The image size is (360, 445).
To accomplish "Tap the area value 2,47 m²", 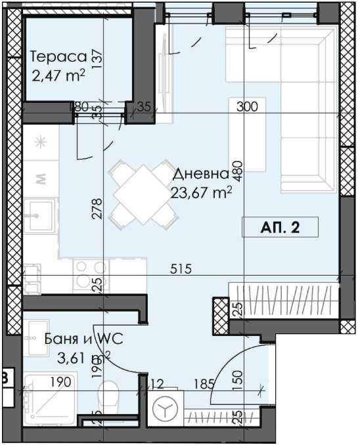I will coord(57,75).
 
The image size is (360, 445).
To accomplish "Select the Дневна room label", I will coord(200,175).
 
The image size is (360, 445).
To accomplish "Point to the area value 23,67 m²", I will coord(202,192).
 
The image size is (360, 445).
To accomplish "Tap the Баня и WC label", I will coord(83,339).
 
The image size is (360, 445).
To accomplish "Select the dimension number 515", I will coord(180,268).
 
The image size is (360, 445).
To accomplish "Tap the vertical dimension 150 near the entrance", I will coord(237,378).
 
